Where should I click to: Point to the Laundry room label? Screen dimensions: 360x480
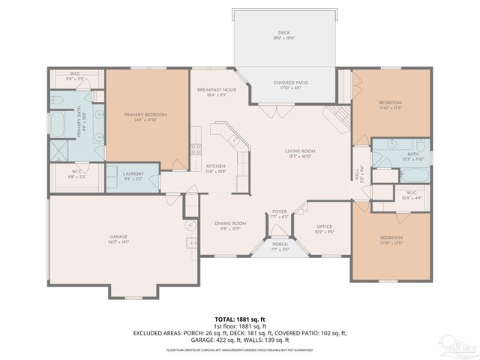133,176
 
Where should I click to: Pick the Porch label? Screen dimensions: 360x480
279,246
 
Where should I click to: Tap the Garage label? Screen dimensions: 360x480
118,239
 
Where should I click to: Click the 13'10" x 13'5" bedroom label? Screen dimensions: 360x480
390,105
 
